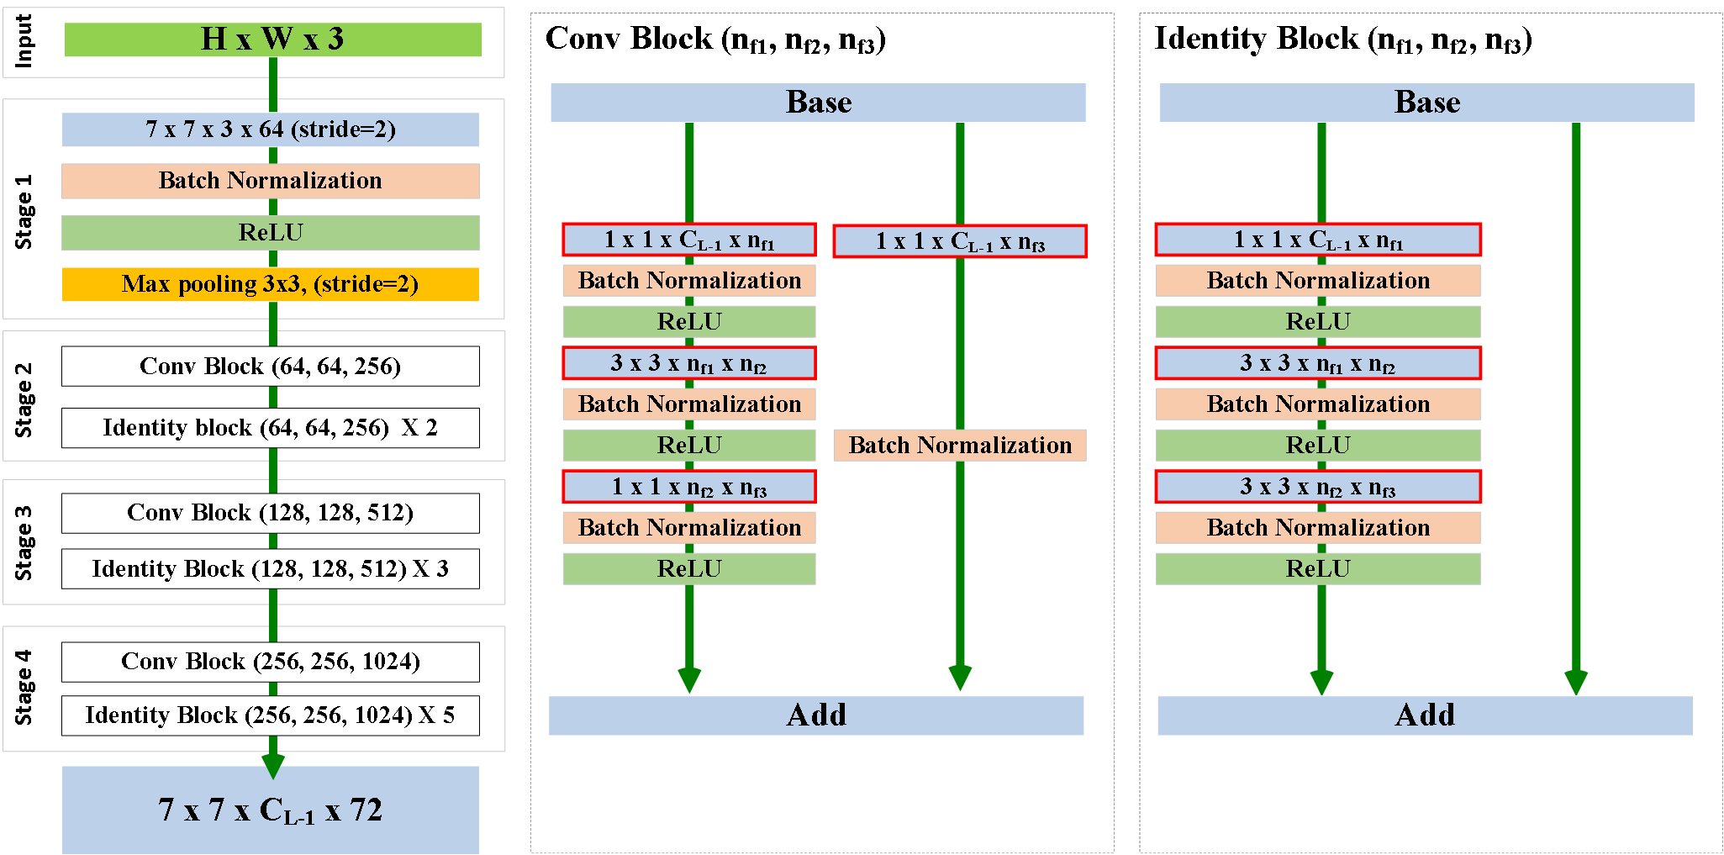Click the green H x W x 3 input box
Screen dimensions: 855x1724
click(272, 40)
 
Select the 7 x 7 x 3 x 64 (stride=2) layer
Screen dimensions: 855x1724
click(270, 129)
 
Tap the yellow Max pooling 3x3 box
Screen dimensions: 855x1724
click(270, 284)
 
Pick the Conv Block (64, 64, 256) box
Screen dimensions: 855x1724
click(270, 367)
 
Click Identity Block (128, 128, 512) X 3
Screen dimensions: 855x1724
click(270, 569)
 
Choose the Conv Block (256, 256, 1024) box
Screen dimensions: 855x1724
click(270, 662)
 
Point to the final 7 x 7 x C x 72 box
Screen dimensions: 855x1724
click(270, 810)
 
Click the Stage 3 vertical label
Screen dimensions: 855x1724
click(24, 542)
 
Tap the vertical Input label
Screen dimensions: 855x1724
click(24, 40)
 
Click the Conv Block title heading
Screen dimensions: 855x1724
click(714, 40)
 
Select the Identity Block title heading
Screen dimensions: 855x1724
click(1342, 40)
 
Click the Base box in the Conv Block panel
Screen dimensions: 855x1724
click(818, 103)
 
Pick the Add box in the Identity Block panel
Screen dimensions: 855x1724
click(1425, 715)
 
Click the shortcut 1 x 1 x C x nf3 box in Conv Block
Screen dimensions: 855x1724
click(960, 241)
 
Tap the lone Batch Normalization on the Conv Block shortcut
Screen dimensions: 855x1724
click(960, 446)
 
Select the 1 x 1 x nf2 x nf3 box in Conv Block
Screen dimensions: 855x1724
click(689, 487)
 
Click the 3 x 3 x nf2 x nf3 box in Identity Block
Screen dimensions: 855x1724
click(1317, 487)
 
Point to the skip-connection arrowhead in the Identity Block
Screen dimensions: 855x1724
click(1576, 682)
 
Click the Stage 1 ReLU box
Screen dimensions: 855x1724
click(270, 233)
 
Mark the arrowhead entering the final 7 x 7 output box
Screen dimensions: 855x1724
click(273, 766)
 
